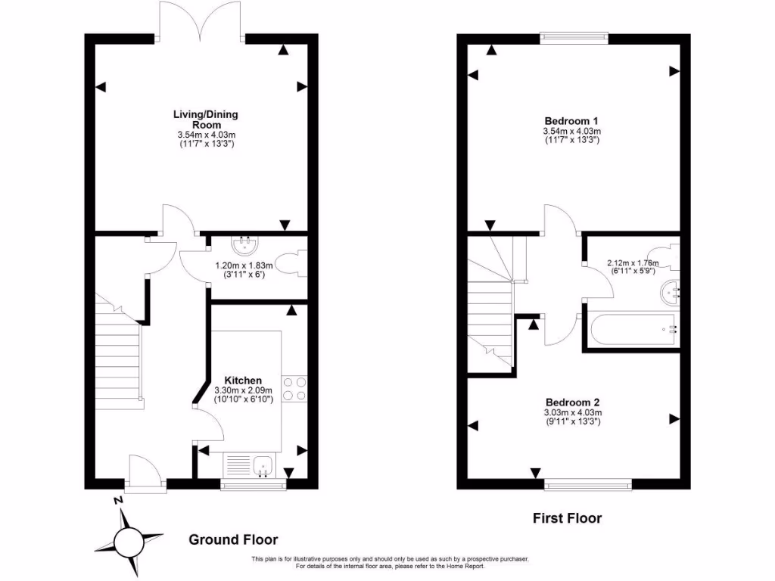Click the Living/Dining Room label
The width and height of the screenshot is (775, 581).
(x=205, y=120)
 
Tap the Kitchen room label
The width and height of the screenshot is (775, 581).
(x=242, y=380)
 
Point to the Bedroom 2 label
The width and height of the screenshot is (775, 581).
(x=573, y=402)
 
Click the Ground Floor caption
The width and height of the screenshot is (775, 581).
(x=232, y=540)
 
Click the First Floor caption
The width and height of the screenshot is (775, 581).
(x=567, y=518)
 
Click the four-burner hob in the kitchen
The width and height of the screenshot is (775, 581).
(x=294, y=388)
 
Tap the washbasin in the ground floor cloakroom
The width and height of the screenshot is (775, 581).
(x=244, y=244)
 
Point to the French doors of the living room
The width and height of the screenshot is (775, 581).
(x=200, y=21)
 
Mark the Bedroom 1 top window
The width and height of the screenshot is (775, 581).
(x=574, y=35)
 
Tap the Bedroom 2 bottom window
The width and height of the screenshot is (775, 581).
(x=588, y=482)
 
